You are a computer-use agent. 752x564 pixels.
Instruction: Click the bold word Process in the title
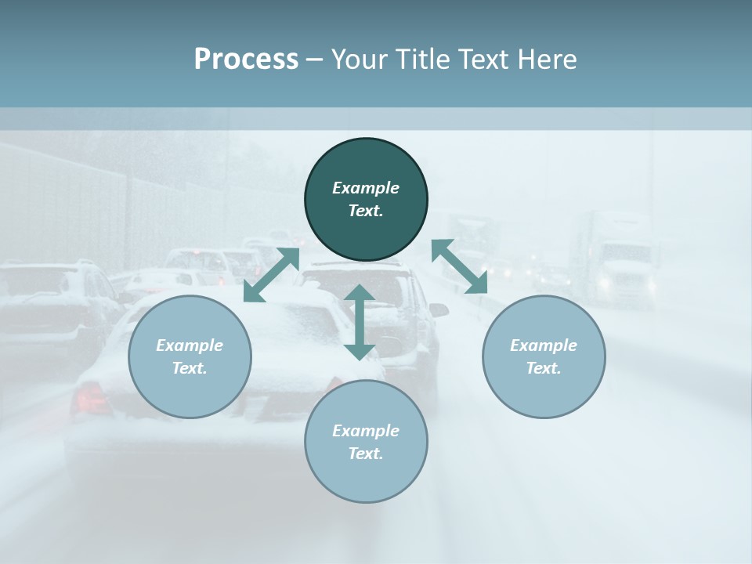coord(246,60)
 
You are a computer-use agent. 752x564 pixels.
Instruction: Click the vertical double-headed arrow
coord(360,322)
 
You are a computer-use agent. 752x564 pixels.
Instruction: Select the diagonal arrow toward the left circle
coord(272,274)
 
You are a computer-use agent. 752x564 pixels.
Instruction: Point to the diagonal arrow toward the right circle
coord(460,266)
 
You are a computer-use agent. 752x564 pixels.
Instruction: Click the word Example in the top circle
coord(366,188)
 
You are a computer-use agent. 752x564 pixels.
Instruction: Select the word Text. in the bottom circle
coord(366,454)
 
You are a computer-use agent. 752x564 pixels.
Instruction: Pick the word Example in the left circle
coord(190,345)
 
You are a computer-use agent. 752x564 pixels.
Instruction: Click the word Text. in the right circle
coord(544,368)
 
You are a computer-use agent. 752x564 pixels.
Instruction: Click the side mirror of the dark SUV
coord(439,310)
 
